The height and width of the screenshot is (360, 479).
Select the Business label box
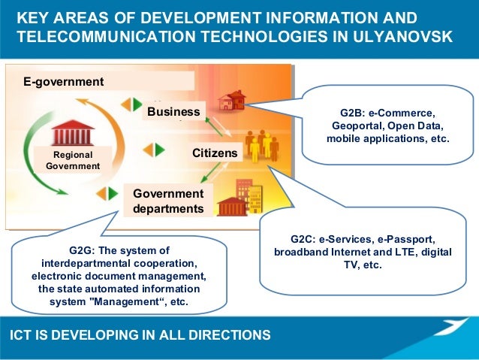(173, 113)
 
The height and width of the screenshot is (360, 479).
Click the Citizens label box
(215, 153)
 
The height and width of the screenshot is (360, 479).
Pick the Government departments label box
(167, 201)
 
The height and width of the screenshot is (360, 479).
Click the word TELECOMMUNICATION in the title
(97, 36)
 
